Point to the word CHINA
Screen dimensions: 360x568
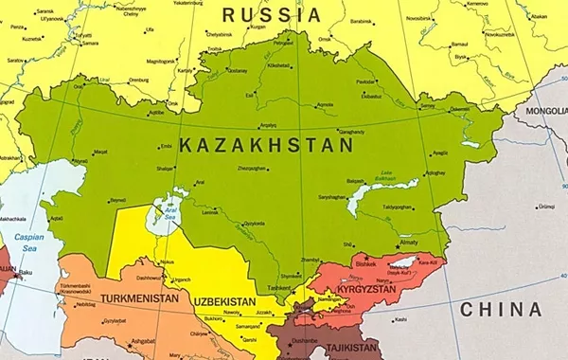pyautogui.click(x=501, y=310)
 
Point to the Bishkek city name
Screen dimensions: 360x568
pyautogui.click(x=367, y=264)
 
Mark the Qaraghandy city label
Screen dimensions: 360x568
pyautogui.click(x=350, y=132)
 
